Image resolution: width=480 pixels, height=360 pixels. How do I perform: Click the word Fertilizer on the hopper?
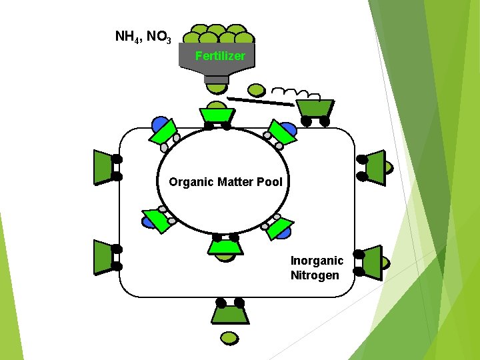[x=220, y=56]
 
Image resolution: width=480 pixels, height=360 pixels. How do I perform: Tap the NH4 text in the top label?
[x=126, y=36]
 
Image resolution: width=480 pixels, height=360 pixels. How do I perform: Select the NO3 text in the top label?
[x=159, y=37]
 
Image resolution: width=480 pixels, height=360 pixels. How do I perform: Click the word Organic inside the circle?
[x=191, y=181]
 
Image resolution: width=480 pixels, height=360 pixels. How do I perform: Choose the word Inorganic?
[x=317, y=261]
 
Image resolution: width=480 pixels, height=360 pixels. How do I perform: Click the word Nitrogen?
[x=315, y=275]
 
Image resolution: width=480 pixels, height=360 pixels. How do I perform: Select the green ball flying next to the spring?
[x=256, y=89]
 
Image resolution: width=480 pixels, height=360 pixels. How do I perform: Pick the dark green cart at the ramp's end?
[x=315, y=108]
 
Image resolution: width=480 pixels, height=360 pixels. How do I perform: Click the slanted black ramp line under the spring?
[x=260, y=101]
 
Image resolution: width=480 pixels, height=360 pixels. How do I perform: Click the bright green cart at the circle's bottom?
[x=226, y=247]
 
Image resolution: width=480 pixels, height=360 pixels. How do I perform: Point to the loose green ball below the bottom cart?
[x=229, y=338]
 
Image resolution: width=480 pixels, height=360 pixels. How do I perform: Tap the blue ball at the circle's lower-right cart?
[x=284, y=233]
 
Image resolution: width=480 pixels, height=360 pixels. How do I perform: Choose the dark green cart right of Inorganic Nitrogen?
[x=373, y=261]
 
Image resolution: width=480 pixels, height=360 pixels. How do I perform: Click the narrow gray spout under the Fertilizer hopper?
[x=217, y=79]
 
